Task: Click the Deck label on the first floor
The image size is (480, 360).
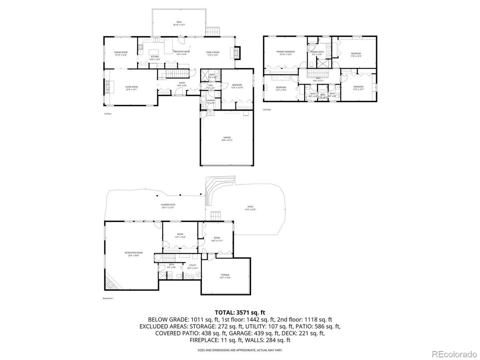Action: (x=179, y=23)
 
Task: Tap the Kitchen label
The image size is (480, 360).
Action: (x=155, y=58)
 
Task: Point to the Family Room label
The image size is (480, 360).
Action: (x=213, y=53)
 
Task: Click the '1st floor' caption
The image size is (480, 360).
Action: (x=107, y=114)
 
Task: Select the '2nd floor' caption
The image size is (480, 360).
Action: (x=266, y=109)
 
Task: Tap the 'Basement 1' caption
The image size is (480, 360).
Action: (x=108, y=298)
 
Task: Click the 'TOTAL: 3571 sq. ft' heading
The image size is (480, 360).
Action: (x=240, y=312)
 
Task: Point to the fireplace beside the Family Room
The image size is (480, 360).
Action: (x=237, y=53)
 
